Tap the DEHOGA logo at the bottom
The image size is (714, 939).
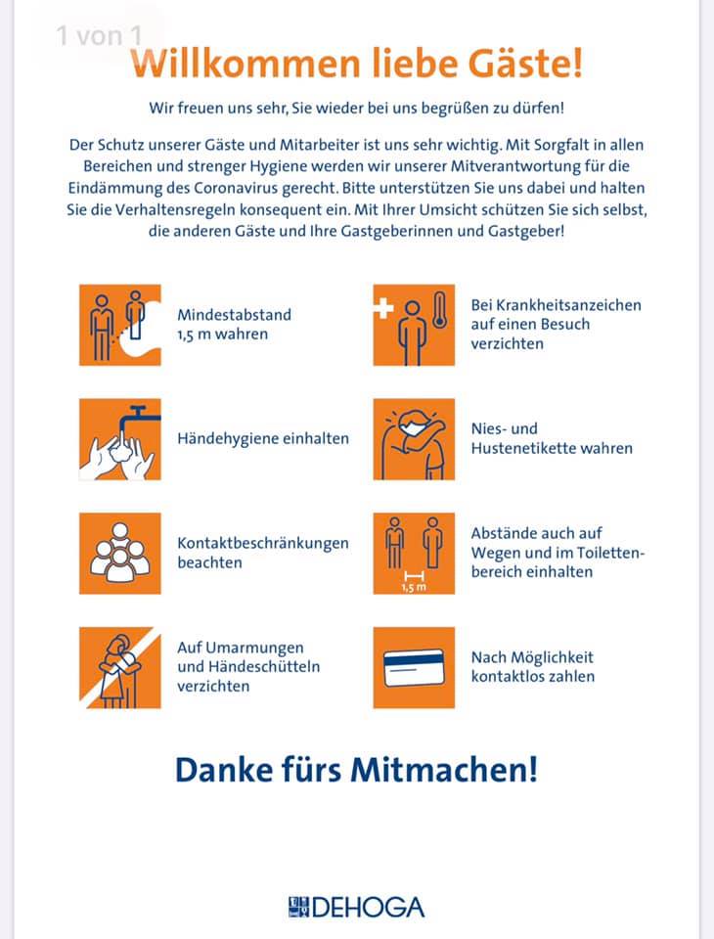(356, 907)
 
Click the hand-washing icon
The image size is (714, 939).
(119, 439)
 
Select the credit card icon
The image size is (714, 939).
(414, 667)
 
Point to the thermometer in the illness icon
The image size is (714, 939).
(440, 310)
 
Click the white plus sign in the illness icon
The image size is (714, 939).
(382, 308)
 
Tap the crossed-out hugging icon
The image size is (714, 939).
(119, 667)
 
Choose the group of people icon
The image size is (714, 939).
(119, 554)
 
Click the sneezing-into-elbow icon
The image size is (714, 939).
(414, 439)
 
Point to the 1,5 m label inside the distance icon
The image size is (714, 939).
(414, 588)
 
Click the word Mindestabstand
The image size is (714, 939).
(234, 315)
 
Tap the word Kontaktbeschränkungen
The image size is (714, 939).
(263, 543)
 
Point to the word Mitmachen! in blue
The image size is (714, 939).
(444, 770)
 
